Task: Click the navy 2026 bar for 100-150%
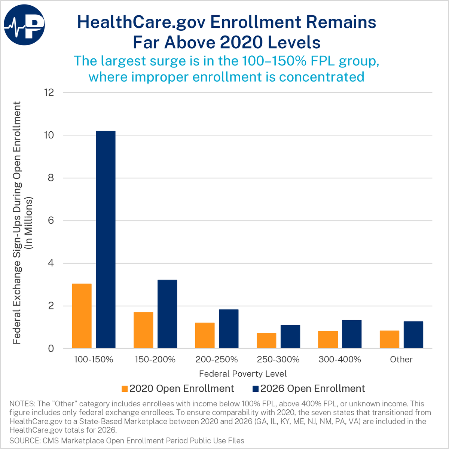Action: (106, 239)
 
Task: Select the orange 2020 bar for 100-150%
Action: (82, 316)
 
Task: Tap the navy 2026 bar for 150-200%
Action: (167, 314)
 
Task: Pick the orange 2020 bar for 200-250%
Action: (205, 336)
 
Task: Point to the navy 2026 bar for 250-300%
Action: (290, 337)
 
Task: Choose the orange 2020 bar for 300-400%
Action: (328, 339)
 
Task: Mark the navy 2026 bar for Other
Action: (413, 335)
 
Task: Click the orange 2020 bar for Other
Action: (390, 339)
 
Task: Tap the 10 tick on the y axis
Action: (49, 135)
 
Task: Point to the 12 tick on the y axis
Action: (49, 92)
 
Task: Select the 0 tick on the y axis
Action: (51, 349)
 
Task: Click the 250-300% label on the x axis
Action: (278, 359)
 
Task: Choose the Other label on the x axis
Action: (401, 359)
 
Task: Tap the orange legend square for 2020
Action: (125, 389)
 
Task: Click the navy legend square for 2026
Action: (256, 389)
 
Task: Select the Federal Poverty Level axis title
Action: (243, 374)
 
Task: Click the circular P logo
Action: (24, 25)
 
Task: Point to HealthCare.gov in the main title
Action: (141, 22)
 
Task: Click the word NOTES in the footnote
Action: (22, 404)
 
